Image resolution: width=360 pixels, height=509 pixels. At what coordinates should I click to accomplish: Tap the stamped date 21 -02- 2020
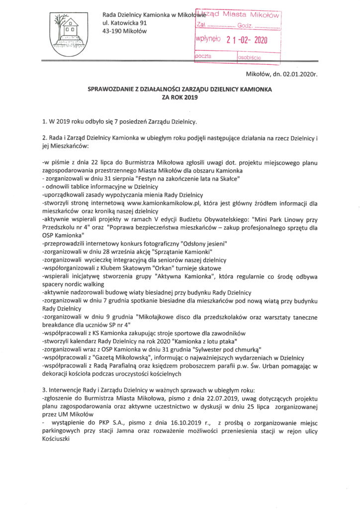coord(247,41)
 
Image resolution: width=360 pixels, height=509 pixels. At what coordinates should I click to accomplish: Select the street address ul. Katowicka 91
coord(125,23)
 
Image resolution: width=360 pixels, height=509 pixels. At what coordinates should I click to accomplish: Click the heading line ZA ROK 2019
coord(180,98)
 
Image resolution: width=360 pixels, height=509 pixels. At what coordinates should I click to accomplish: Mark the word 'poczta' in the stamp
coord(203,57)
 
